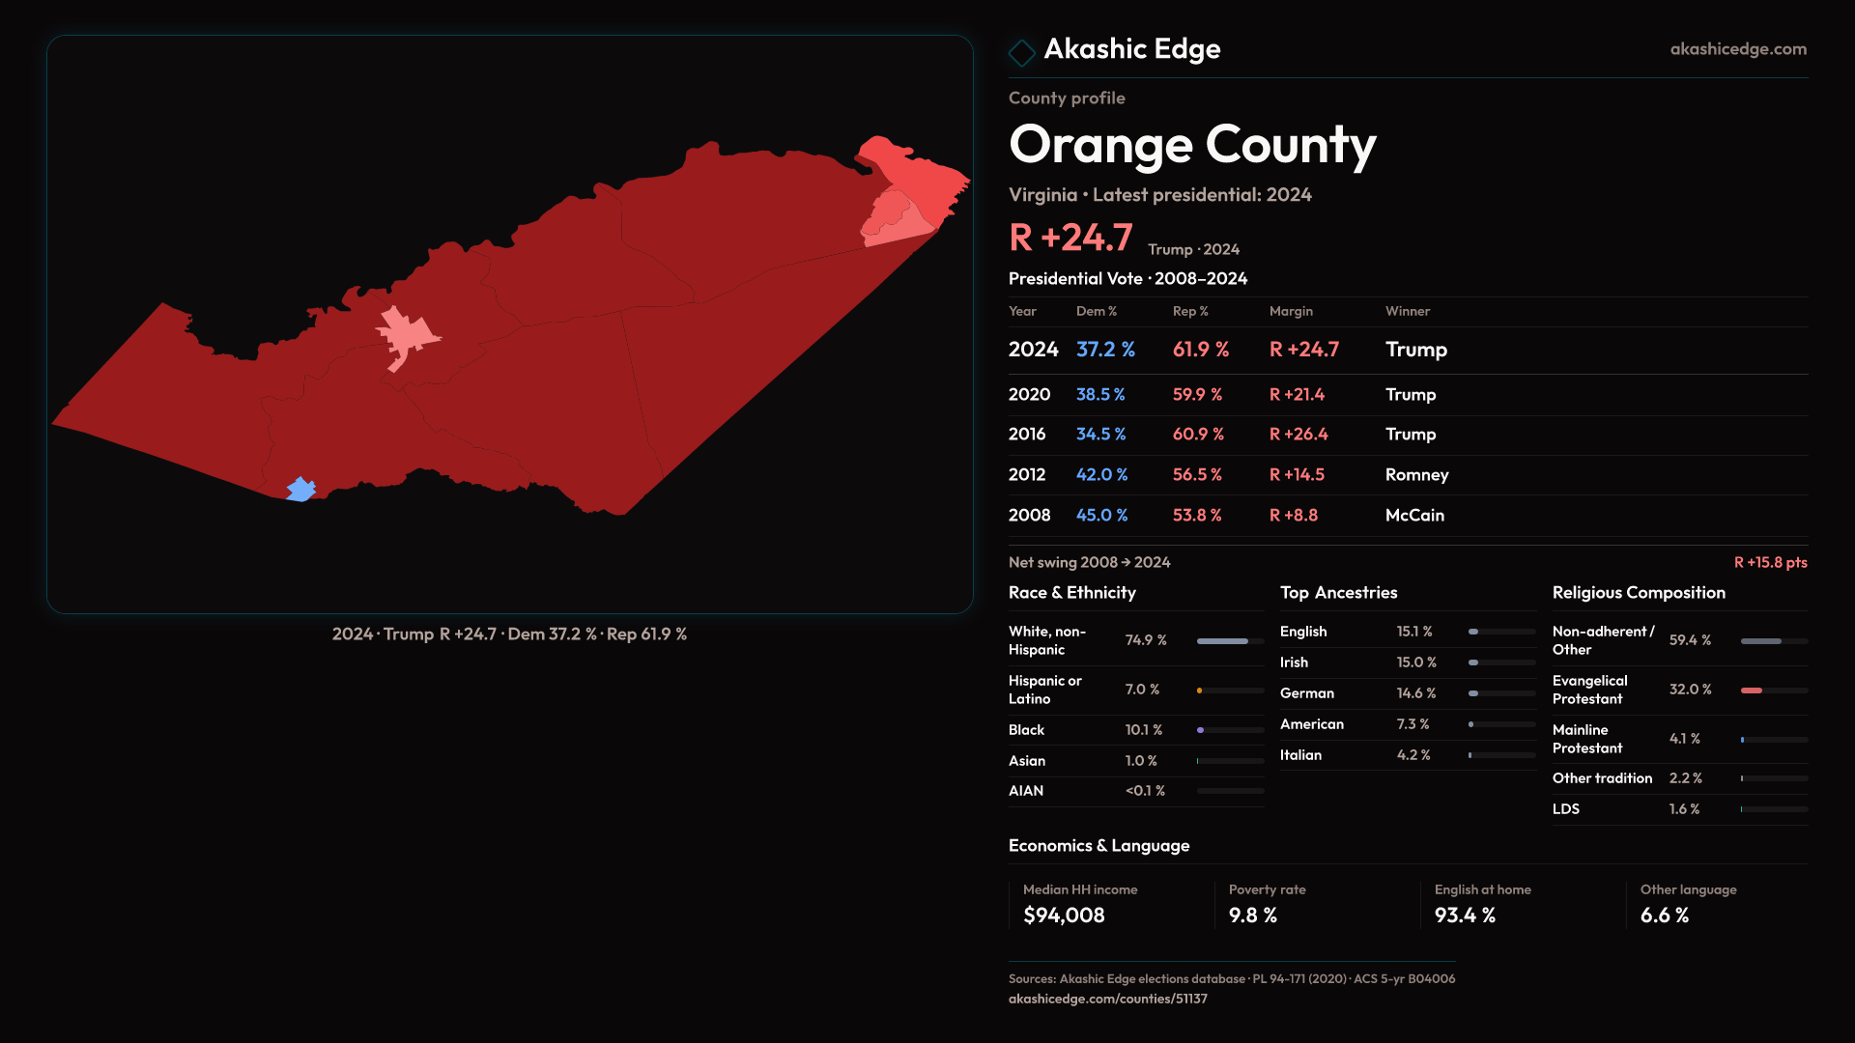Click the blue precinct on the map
[301, 490]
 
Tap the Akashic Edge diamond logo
[1021, 51]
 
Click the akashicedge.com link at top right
[1737, 49]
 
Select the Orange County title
[1192, 145]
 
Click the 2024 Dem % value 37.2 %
[1105, 350]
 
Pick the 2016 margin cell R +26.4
[1298, 435]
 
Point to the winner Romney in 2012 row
[1416, 475]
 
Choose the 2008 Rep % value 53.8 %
[1197, 516]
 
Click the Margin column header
[1291, 311]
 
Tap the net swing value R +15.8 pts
[1770, 562]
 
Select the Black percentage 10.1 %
[1143, 730]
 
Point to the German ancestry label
[1306, 693]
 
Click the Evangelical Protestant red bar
[1753, 691]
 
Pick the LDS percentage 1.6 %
[1684, 809]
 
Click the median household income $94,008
[1064, 916]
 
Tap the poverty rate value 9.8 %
[1252, 916]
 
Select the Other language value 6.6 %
[1664, 916]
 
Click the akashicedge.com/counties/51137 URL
[1107, 999]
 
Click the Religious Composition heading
[1639, 593]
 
